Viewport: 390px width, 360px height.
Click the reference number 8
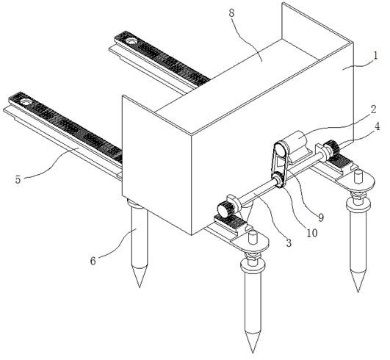tap(231, 13)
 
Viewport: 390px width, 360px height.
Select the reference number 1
tap(375, 55)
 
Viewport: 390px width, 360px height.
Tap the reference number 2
tap(373, 109)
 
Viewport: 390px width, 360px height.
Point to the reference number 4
tap(378, 126)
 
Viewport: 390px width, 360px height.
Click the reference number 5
tap(18, 179)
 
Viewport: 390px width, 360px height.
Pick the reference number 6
tap(93, 261)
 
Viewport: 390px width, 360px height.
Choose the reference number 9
tap(321, 217)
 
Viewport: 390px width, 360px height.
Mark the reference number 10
tap(312, 233)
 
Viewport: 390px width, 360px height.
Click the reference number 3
tap(289, 242)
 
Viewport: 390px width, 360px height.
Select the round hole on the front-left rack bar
tap(25, 101)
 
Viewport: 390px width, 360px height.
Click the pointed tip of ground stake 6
tap(140, 287)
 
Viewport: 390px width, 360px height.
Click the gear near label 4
tap(333, 148)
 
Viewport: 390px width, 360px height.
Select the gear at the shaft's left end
tap(224, 210)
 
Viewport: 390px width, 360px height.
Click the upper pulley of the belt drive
tap(281, 149)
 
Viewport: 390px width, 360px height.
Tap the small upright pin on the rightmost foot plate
tap(358, 176)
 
